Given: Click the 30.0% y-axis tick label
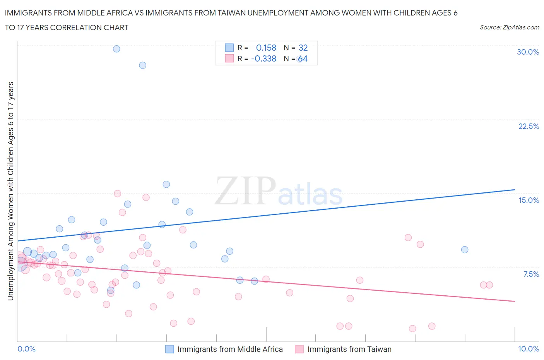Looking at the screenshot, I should [x=528, y=52].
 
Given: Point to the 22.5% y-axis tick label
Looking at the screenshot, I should [x=529, y=126].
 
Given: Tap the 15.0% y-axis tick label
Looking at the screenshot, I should [x=529, y=200].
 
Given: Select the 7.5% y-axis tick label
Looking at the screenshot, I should [x=531, y=274].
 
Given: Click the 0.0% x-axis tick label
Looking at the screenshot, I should [x=26, y=349].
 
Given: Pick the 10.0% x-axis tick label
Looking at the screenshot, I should [x=529, y=349].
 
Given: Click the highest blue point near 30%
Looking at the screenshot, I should [x=116, y=49].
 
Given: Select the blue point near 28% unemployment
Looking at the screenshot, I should [x=143, y=65].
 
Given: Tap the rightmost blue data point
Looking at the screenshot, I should [x=465, y=250].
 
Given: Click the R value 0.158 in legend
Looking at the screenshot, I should [x=266, y=48].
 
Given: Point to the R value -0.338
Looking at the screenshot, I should [x=263, y=58].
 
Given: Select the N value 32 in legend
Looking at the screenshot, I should [x=303, y=48].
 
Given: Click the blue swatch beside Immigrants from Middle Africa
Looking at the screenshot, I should [x=169, y=349].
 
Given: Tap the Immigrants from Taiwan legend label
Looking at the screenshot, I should [x=349, y=349].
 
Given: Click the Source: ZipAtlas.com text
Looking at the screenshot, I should [x=509, y=27].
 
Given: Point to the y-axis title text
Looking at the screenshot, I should [x=10, y=191].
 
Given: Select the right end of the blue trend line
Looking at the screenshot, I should [x=515, y=190].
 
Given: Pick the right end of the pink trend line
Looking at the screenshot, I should [x=515, y=301].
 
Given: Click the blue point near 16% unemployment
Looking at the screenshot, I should [x=166, y=184].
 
